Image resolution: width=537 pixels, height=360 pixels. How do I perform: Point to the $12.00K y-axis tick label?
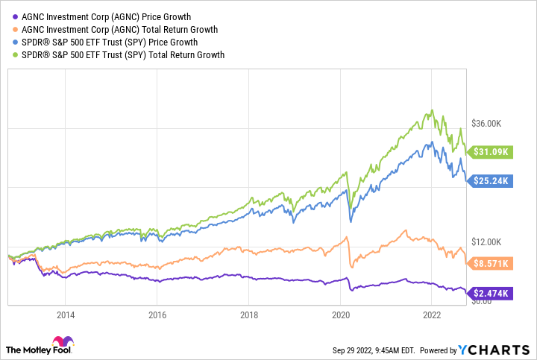point(490,242)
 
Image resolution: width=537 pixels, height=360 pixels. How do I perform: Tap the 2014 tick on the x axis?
point(65,315)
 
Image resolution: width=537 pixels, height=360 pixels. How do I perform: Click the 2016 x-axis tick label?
point(157,315)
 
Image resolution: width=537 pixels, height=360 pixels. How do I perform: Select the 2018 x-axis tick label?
point(248,315)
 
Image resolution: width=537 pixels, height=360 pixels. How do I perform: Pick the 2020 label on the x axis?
point(340,315)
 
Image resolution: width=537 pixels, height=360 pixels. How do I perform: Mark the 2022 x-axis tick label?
point(432,315)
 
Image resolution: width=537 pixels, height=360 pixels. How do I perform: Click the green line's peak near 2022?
point(430,110)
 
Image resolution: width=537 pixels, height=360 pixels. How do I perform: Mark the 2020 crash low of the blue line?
point(351,221)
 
